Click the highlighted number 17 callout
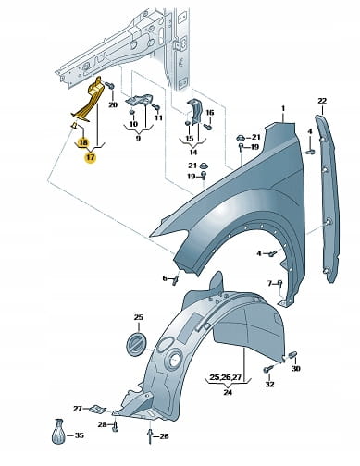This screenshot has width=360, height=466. pos(91,158)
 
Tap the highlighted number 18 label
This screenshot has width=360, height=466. pos(83,142)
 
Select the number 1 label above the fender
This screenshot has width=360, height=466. pos(283,109)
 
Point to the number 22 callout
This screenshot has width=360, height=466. pos(322,101)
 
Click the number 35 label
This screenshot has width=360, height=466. pos(80,435)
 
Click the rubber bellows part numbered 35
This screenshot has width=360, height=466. pos(58,432)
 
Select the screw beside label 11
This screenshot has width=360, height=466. pos(156,107)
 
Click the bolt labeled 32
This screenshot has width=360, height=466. pos(267,369)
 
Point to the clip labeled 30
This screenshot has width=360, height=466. pos(292,355)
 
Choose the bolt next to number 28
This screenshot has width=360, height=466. pos(115,426)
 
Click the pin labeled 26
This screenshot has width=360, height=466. pos(150,435)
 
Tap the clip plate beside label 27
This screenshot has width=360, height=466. pos(97,409)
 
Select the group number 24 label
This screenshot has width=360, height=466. pos(228,392)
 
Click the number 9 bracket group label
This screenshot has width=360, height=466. pos(138,138)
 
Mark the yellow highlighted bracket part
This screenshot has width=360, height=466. pos(88,100)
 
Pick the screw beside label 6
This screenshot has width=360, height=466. pos(176,280)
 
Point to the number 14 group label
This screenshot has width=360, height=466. pos(193,153)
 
